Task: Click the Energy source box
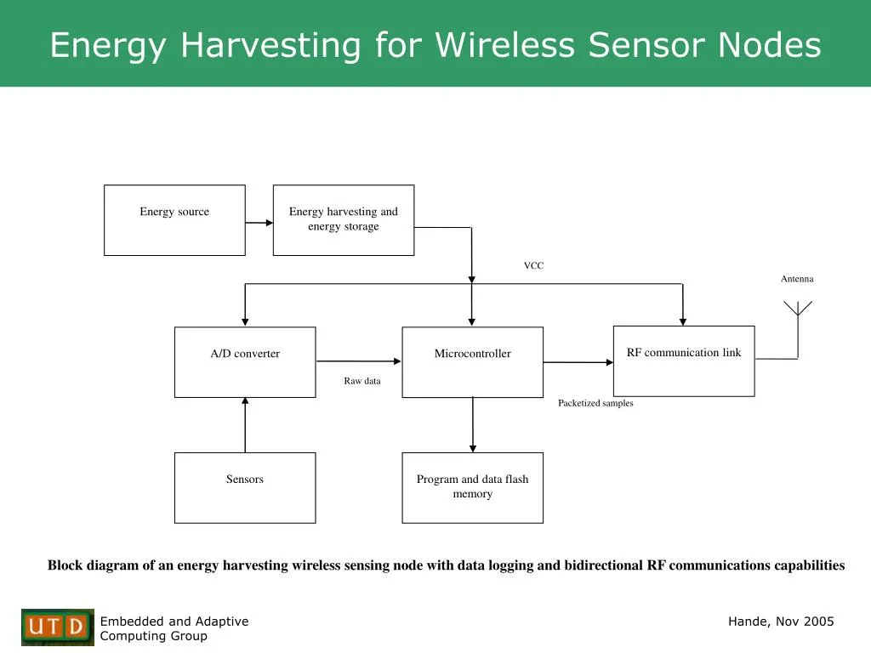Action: point(174,220)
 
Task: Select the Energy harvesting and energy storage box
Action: point(344,220)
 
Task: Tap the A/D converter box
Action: point(245,362)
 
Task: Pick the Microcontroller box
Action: point(472,362)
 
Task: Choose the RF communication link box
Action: point(684,361)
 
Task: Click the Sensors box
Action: point(245,488)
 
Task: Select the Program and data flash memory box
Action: point(472,488)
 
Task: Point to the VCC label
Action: point(533,266)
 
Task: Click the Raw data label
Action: point(362,381)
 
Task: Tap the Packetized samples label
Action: point(595,403)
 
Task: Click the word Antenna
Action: point(797,279)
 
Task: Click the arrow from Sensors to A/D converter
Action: point(245,424)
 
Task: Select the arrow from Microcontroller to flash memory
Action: point(473,424)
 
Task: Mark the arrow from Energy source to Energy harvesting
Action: point(259,223)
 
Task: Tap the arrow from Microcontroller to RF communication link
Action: point(578,362)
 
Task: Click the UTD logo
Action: point(58,627)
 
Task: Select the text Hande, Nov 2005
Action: point(781,622)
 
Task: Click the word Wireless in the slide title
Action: point(504,45)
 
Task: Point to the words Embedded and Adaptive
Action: point(174,622)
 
